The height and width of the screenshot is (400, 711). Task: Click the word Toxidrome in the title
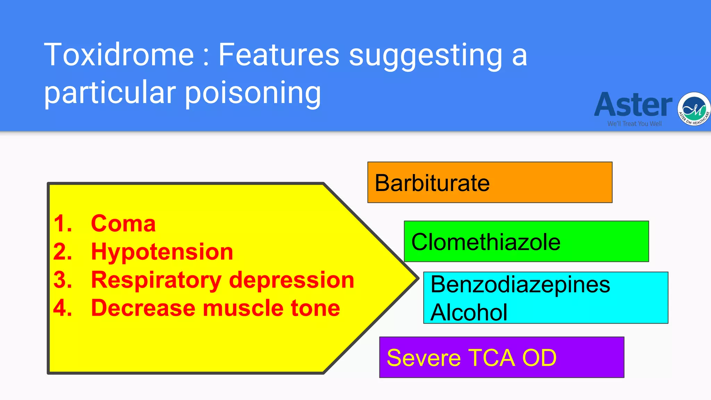tap(119, 55)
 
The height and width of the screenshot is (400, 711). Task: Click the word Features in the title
tap(278, 55)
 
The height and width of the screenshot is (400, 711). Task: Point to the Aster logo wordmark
tap(633, 105)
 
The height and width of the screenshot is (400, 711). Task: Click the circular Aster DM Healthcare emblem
tap(694, 109)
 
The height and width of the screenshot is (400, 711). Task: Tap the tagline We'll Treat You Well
tap(634, 124)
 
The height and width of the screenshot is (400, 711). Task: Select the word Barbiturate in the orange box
tap(432, 183)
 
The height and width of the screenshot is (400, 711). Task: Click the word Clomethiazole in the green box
tap(486, 242)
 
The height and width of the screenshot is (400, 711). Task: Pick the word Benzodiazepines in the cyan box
tap(520, 284)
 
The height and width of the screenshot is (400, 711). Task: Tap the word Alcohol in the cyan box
tap(469, 312)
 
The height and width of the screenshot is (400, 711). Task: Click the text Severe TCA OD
tap(471, 358)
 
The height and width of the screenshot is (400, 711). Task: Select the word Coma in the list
tap(123, 223)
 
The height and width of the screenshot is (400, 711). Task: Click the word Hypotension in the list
tap(162, 252)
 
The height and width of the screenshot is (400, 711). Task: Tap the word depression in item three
tap(292, 280)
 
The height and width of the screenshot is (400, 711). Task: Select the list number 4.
tap(62, 308)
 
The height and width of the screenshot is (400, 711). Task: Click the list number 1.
tap(62, 223)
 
